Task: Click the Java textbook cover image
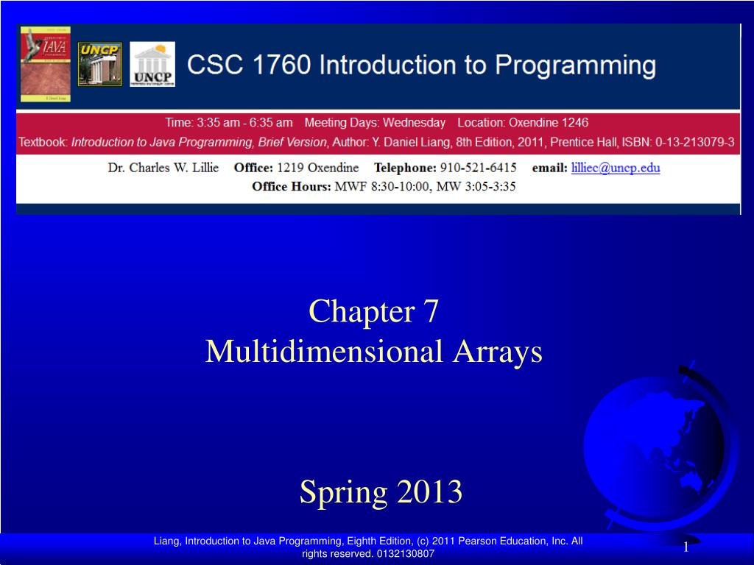(x=46, y=64)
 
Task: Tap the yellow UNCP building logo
(x=99, y=64)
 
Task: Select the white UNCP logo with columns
(x=152, y=64)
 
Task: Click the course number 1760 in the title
(x=282, y=65)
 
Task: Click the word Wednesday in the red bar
(x=414, y=123)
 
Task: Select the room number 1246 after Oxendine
(x=575, y=123)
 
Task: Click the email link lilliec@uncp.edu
(x=616, y=168)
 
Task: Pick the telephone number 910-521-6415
(x=479, y=168)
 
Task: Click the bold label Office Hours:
(x=292, y=186)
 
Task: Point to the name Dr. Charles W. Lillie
(x=163, y=168)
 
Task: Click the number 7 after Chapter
(x=431, y=311)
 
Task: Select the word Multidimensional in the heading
(x=324, y=351)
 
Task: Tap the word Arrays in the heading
(x=498, y=352)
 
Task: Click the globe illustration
(x=659, y=447)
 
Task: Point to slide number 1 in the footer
(x=686, y=547)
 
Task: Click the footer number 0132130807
(x=406, y=553)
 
